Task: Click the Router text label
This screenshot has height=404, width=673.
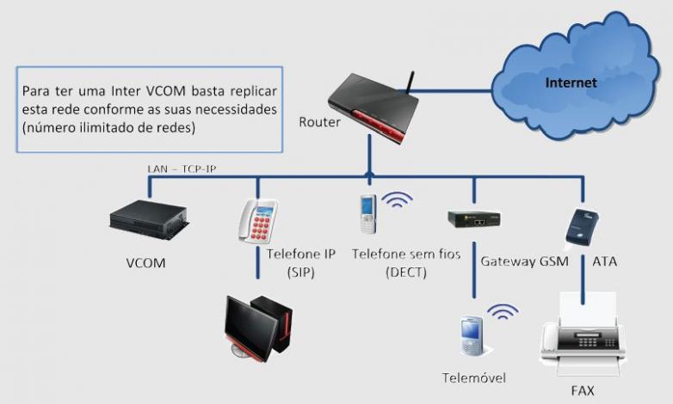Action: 319,122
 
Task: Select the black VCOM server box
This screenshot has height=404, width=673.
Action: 148,220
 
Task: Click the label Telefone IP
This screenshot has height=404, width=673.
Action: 301,255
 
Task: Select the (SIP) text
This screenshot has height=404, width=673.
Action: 301,272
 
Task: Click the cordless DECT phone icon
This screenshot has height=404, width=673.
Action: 368,216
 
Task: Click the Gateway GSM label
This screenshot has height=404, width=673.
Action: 524,260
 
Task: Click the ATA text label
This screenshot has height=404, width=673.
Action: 605,260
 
